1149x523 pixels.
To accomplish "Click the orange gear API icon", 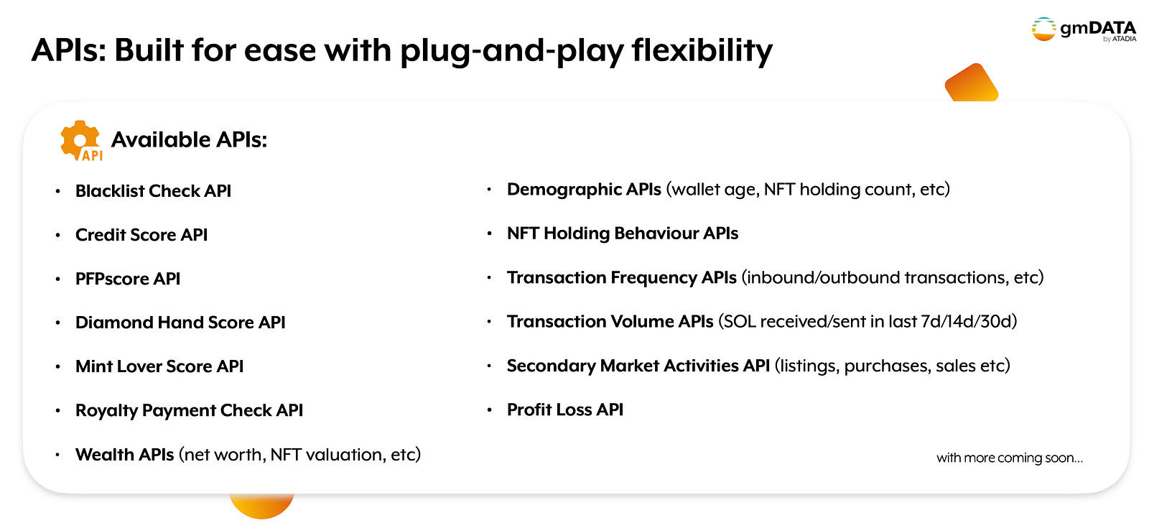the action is [81, 141].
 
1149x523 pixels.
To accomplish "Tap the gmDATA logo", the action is [1084, 29].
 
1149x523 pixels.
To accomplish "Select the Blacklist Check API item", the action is [153, 191].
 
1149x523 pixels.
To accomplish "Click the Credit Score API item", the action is [141, 234].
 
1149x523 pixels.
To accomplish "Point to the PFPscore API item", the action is [128, 279].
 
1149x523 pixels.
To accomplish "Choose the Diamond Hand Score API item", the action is [180, 323].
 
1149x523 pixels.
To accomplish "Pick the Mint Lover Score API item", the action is [159, 366].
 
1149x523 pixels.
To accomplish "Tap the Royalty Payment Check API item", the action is [189, 411].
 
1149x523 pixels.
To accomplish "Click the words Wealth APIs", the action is [125, 455].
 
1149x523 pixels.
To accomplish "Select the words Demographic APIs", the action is [584, 190].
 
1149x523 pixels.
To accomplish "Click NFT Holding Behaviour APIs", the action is [622, 233].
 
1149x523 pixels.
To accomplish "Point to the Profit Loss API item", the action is [564, 409].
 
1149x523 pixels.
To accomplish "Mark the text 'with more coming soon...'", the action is [1010, 458].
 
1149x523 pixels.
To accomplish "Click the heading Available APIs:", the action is [189, 139].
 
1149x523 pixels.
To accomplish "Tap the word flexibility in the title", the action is [702, 51].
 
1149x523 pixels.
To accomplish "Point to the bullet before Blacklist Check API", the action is [58, 191].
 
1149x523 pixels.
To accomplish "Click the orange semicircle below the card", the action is [261, 506].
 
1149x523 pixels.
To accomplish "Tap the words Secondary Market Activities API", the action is [638, 366].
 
